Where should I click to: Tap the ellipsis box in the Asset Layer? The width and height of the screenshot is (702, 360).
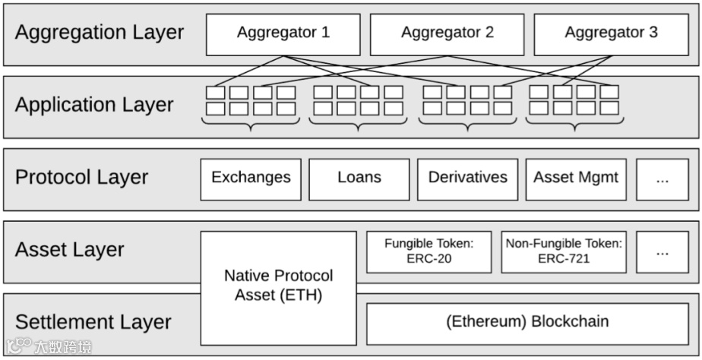coord(662,251)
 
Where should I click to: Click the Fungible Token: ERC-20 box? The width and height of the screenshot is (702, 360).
coord(428,251)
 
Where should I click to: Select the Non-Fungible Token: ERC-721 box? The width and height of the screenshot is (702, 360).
coord(564,251)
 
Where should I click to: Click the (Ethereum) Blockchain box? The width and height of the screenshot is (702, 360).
coord(527,323)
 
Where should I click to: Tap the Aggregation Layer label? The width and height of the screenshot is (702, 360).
coord(100,33)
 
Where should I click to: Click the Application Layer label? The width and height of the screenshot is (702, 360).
coord(94,105)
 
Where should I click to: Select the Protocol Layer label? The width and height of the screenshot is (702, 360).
coord(81,178)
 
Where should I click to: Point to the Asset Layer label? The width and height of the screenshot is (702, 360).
coord(69,250)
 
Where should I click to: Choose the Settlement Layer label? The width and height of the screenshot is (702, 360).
coord(93,321)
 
